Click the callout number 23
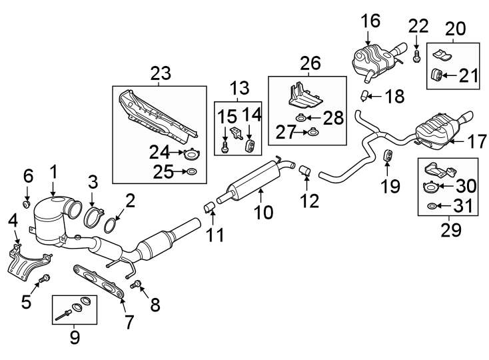coord(161,73)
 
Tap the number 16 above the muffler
coord(371,21)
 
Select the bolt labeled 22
coord(416,55)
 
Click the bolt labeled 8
coord(138,285)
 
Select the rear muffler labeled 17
coord(436,131)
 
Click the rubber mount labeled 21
coord(438,74)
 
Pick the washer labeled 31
coord(431,207)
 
